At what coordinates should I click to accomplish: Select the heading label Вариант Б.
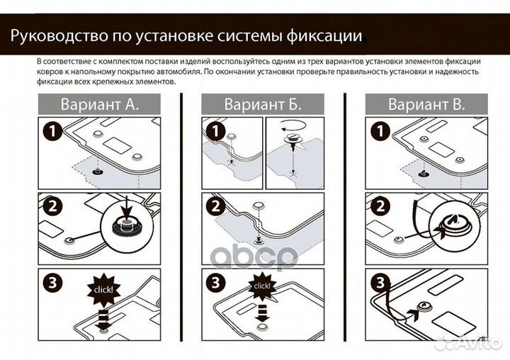pos(263,105)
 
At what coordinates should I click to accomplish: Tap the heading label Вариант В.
pos(426,105)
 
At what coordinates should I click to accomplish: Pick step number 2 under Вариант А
pos(50,206)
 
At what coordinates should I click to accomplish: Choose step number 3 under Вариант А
pos(50,282)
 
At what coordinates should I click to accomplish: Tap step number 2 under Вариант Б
pos(214,206)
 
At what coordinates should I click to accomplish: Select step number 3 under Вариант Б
pos(214,282)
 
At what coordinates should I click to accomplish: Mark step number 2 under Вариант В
pos(378,206)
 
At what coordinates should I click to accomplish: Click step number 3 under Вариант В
pos(378,282)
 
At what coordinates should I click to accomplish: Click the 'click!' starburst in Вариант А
pos(103,290)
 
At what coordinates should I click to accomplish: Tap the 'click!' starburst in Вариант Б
pos(261,286)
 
